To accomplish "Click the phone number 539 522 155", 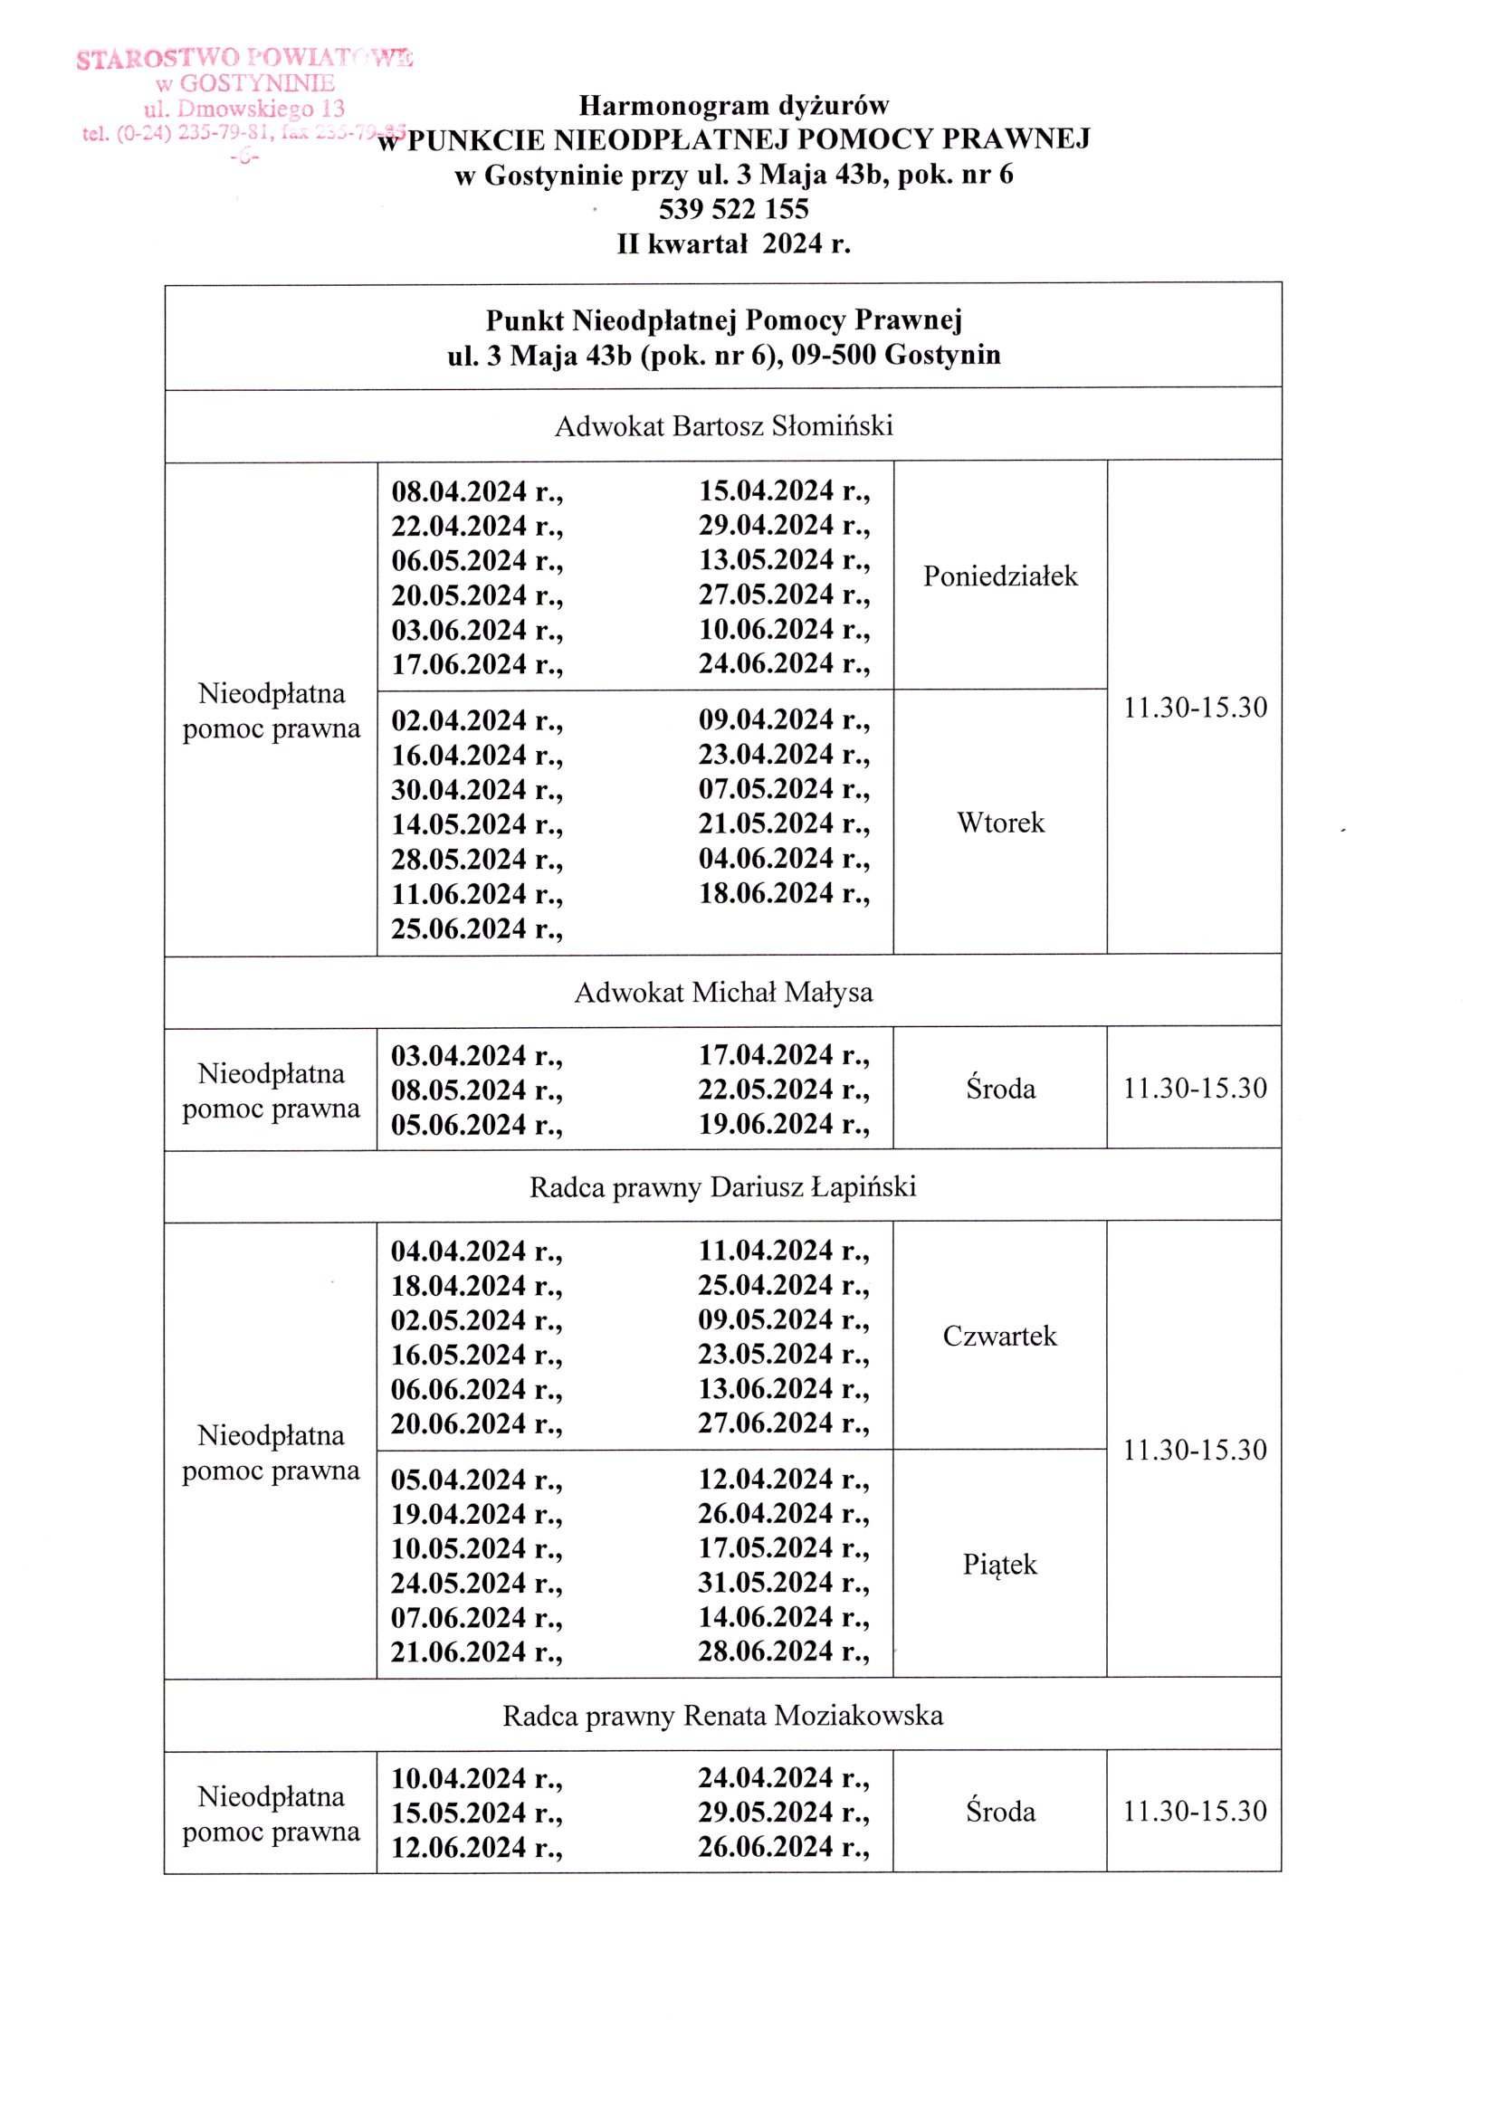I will pos(733,209).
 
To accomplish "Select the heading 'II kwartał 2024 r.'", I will pos(733,244).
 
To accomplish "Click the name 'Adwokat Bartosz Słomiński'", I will pos(723,426).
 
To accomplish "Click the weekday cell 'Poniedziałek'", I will pos(1000,576).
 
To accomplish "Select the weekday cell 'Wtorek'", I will pos(1000,823).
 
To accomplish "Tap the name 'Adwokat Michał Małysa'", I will pos(723,993).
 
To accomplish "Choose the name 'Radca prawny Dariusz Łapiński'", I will pos(723,1187).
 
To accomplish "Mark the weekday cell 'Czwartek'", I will pos(1000,1337).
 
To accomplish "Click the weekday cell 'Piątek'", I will pos(1000,1565).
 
